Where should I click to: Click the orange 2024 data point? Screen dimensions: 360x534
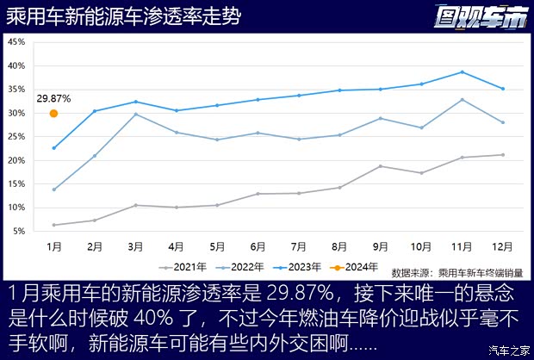click(x=53, y=113)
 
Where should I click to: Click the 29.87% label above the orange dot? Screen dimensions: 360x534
click(x=53, y=99)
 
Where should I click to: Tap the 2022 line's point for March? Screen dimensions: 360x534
click(x=136, y=115)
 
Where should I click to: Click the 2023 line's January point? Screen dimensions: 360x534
click(x=53, y=148)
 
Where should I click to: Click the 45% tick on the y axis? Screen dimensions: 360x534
click(x=17, y=42)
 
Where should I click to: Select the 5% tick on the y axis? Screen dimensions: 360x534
click(x=19, y=232)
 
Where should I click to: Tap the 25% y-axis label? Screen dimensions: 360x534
click(x=17, y=137)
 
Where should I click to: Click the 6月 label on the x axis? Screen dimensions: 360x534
click(x=258, y=246)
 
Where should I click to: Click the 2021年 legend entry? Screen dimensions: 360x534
click(x=187, y=269)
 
